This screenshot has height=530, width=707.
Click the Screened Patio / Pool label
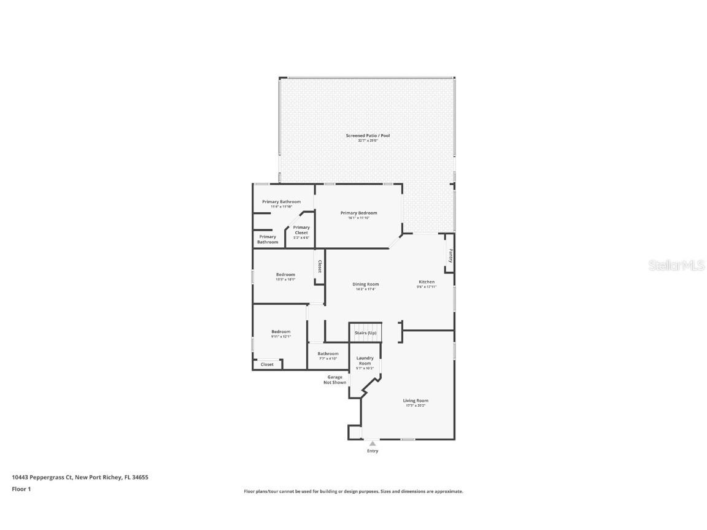click(368, 136)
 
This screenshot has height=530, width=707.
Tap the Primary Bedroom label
click(359, 213)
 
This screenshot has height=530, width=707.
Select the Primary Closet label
click(301, 230)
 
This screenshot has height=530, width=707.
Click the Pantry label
click(450, 255)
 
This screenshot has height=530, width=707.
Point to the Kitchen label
click(426, 282)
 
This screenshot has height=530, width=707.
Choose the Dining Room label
click(365, 284)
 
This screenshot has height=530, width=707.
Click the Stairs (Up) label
click(365, 333)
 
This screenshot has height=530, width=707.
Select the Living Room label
click(415, 401)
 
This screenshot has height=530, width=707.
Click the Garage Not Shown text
click(335, 380)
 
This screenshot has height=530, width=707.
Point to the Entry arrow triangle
click(373, 444)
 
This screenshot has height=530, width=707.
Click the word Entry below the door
click(373, 451)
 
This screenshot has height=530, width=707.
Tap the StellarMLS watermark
click(678, 266)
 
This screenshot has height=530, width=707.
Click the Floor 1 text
click(21, 489)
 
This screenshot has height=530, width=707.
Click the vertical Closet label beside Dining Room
click(320, 267)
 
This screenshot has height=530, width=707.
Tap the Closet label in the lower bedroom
click(267, 364)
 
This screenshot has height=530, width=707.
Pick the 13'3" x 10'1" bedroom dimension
click(285, 279)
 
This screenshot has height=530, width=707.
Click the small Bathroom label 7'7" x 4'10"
click(328, 354)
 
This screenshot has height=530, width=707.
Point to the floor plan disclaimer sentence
click(353, 491)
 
